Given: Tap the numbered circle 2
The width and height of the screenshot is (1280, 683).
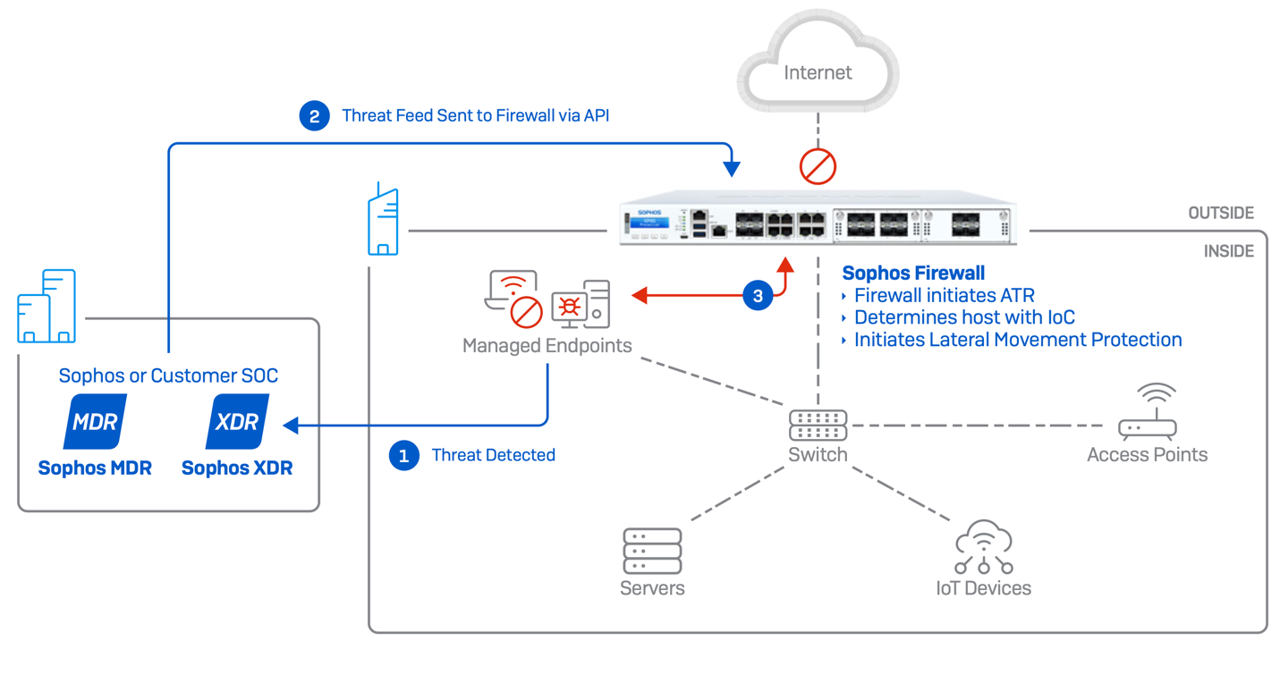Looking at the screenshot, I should click(314, 116).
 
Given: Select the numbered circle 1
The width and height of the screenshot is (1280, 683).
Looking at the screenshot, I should click(403, 456).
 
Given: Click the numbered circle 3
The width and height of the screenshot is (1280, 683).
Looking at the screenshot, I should click(758, 296).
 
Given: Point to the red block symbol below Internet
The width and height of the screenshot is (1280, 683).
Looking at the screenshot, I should click(818, 165).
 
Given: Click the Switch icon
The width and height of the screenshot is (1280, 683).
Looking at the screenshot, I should click(818, 425).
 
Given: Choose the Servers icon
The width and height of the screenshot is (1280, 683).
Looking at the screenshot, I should click(652, 551).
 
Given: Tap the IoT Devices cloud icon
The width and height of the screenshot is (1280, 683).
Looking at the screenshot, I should click(983, 547).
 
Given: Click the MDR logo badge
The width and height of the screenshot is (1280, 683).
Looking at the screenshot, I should click(95, 422).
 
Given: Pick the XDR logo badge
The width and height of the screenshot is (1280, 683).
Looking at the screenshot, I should click(237, 422).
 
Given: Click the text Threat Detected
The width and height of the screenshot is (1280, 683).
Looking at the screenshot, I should click(493, 455).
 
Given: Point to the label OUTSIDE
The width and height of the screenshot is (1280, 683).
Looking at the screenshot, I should click(1221, 214).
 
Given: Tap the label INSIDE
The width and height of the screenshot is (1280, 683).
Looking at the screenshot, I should click(1229, 251).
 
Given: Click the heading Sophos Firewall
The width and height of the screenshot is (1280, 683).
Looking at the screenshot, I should click(913, 274).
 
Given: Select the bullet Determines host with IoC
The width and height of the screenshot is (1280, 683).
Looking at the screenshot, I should click(964, 317).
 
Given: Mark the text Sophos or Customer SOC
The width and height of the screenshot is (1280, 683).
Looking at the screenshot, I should click(168, 375).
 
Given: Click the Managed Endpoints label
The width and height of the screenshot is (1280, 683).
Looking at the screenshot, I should click(547, 345).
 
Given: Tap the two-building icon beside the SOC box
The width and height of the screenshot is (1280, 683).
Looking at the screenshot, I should click(47, 306).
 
